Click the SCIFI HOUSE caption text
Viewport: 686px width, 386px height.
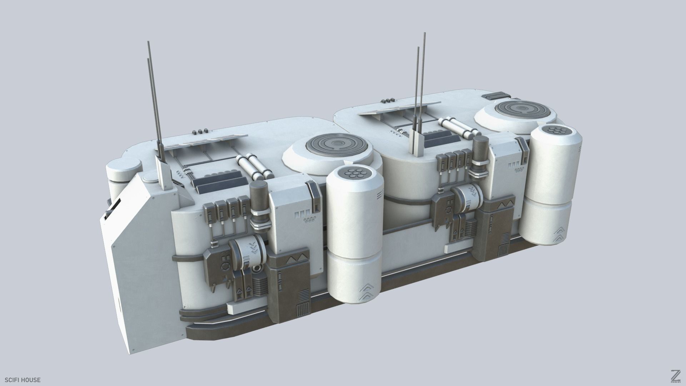[x=21, y=380]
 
